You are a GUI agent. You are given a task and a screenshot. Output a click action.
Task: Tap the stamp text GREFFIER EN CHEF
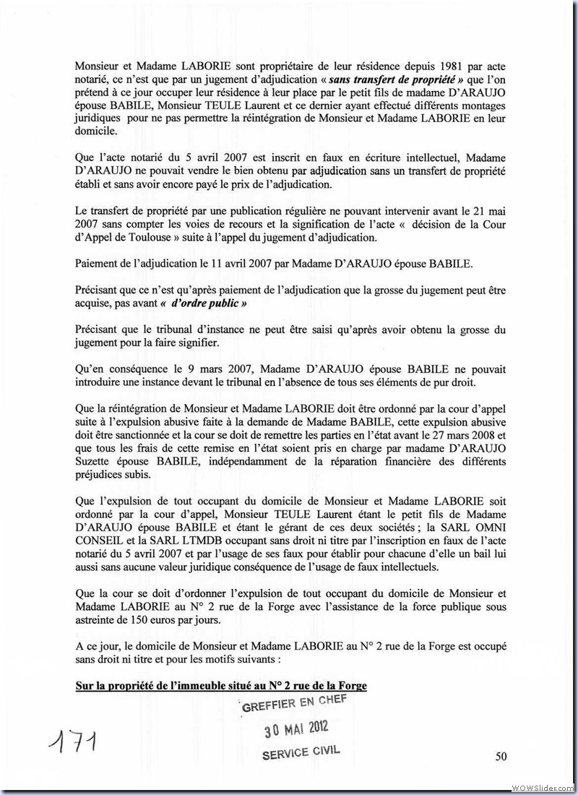[295, 702]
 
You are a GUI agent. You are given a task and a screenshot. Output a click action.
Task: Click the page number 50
[501, 757]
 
